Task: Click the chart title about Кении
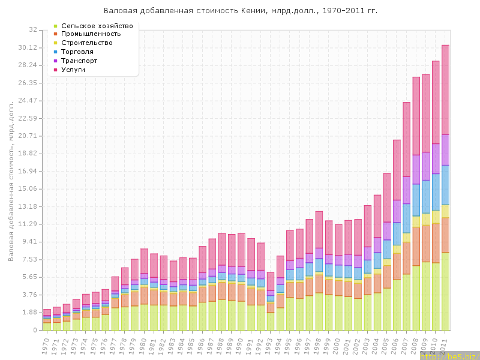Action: click(241, 11)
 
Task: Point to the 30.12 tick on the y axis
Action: click(28, 47)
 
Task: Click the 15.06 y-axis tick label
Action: click(28, 189)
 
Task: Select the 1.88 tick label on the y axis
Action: click(30, 313)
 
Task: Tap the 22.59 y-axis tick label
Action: click(28, 118)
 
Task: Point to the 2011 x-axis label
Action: click(444, 346)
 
